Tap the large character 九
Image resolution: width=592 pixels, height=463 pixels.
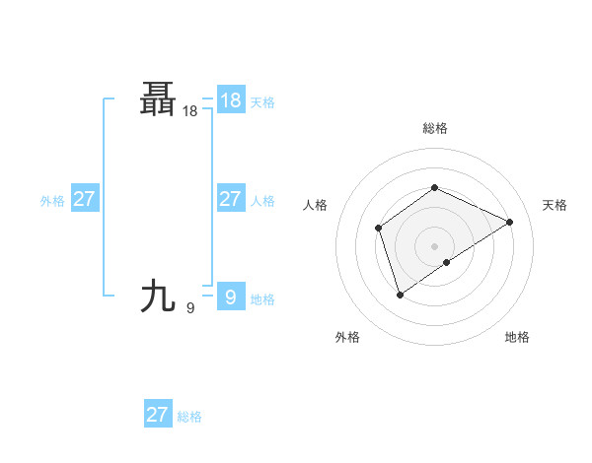(x=159, y=295)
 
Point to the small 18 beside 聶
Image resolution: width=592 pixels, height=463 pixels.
(x=190, y=112)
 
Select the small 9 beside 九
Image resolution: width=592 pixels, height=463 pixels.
(x=190, y=308)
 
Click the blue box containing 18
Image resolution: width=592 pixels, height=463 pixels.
(x=230, y=99)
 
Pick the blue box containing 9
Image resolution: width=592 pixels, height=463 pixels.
(x=230, y=296)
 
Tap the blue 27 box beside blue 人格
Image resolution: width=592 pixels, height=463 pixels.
(x=230, y=199)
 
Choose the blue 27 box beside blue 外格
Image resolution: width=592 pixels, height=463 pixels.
(x=84, y=199)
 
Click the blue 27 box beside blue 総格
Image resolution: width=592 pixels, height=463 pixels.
(x=157, y=414)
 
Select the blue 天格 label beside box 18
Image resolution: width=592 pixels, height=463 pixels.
(x=262, y=101)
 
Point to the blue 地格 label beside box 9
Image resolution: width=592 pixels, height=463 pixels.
(x=262, y=299)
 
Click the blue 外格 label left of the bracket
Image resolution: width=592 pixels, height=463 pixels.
(x=52, y=201)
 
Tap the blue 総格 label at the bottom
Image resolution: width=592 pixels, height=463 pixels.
(x=189, y=418)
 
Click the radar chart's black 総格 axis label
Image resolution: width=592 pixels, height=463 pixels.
(x=434, y=128)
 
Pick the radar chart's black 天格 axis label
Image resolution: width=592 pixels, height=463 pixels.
(x=555, y=205)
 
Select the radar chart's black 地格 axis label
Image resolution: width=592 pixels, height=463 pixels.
(x=517, y=337)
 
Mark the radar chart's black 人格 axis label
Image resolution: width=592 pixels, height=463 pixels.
(x=315, y=205)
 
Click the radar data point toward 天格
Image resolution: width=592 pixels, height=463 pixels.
(x=510, y=222)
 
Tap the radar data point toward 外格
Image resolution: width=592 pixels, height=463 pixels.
(x=400, y=294)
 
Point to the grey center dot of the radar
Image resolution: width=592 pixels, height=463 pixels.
(x=434, y=245)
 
